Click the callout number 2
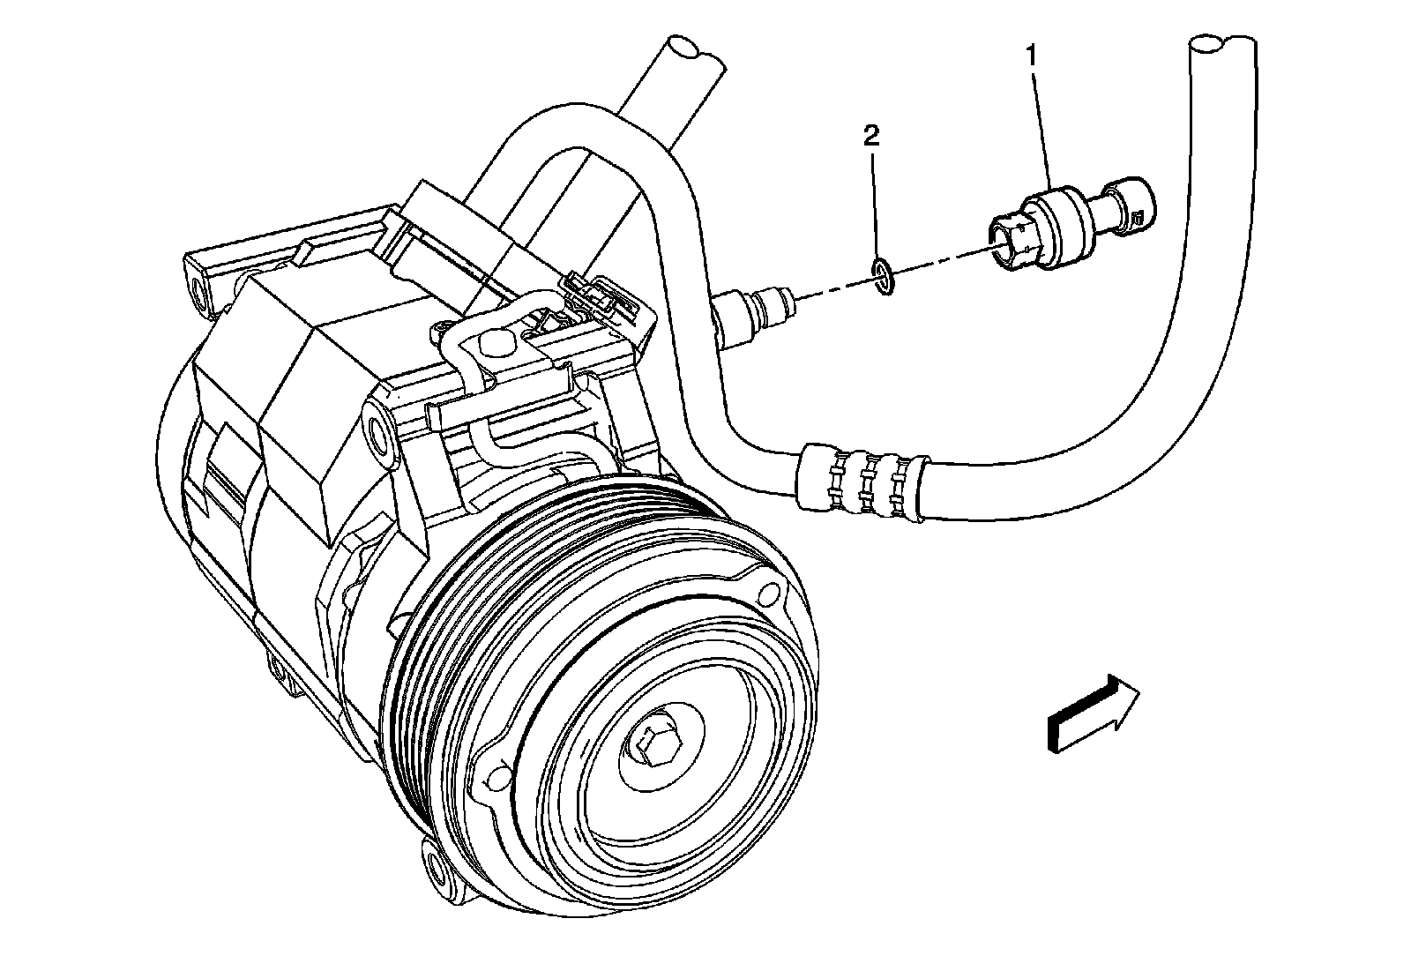[871, 136]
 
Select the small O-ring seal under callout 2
[883, 277]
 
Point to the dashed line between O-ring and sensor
[935, 263]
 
